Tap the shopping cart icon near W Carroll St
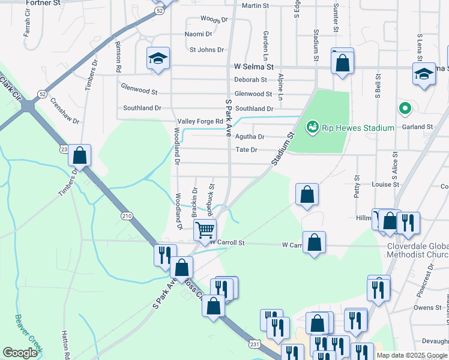point(205,230)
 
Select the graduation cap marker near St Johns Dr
point(158,58)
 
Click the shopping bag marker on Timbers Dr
point(79,156)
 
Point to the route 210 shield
point(126,216)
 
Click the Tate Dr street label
point(246,149)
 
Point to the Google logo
point(20,353)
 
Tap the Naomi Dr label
point(199,34)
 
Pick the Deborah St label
point(250,79)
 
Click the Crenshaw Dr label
point(65,111)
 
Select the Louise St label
point(385,185)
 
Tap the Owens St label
point(427,308)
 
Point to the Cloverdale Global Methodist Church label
point(414,251)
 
